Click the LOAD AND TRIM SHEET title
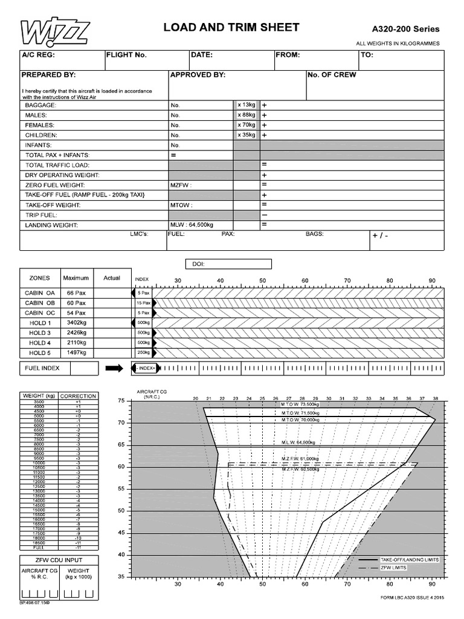tap(231, 28)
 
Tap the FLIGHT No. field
tap(146, 59)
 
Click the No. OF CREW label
tap(332, 75)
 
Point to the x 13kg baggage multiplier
tap(246, 105)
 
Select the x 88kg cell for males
tap(246, 115)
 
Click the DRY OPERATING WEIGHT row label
tap(62, 175)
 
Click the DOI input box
tap(228, 264)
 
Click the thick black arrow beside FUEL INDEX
tap(114, 368)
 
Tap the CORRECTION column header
tap(78, 396)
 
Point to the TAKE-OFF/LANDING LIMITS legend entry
tap(408, 560)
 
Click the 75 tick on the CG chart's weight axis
tap(121, 400)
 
